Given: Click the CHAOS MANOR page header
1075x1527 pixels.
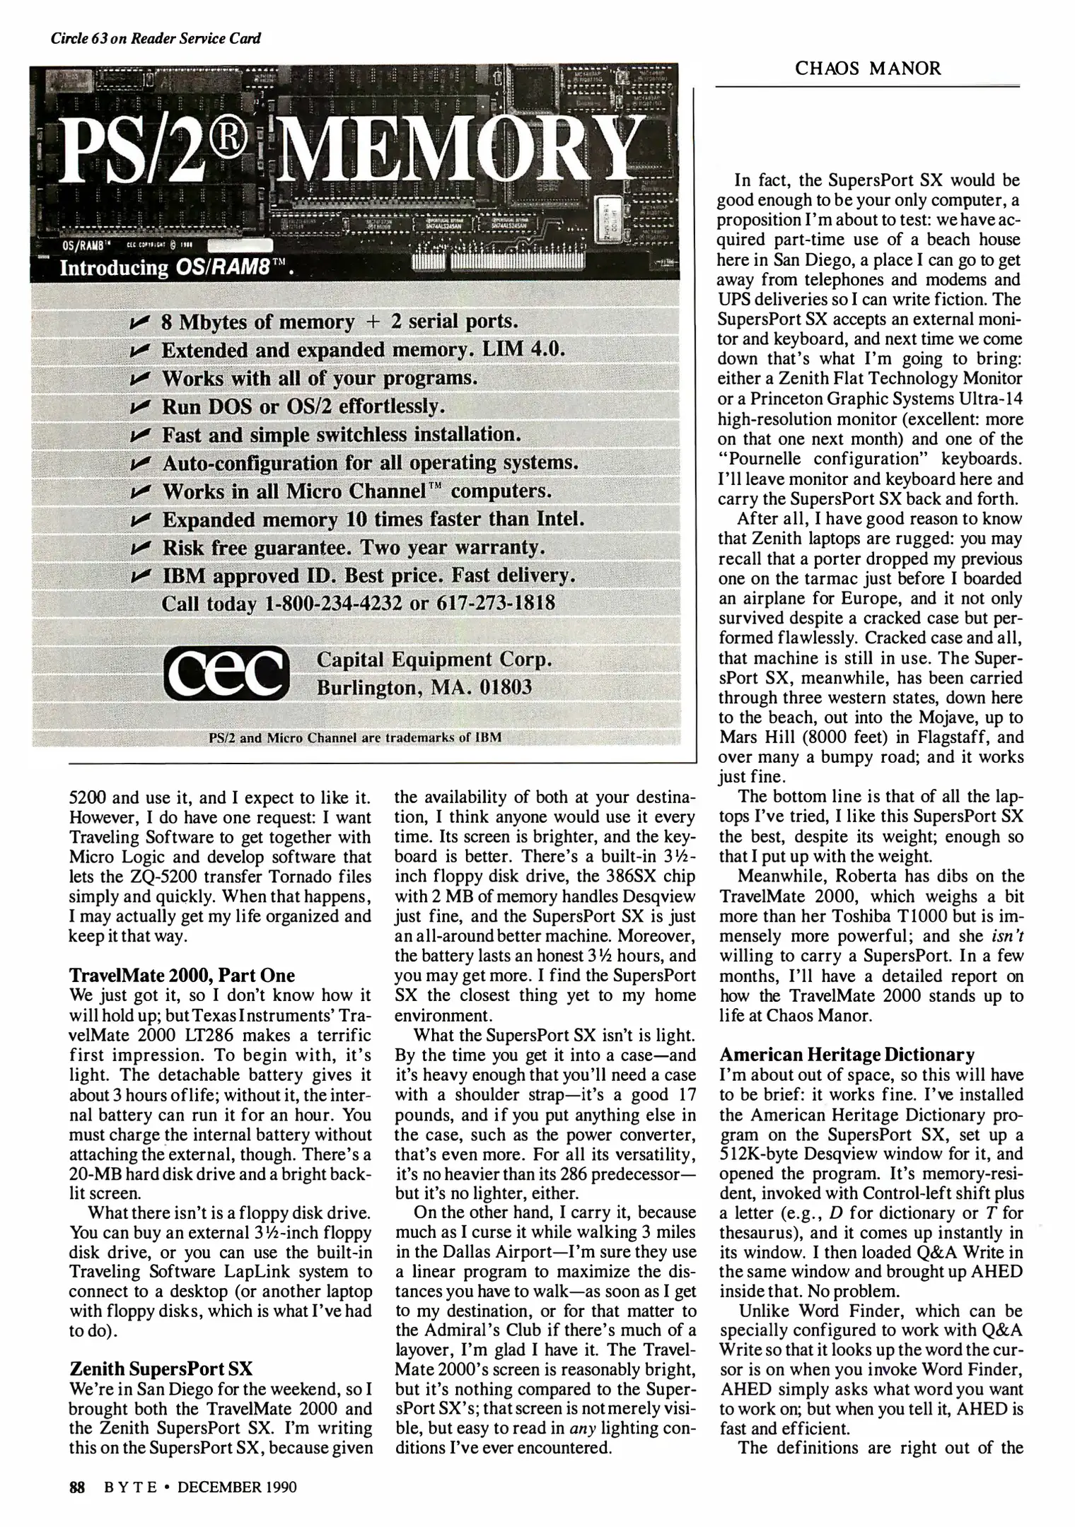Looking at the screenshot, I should coord(868,69).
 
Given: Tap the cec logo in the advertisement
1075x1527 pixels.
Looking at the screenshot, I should coord(226,672).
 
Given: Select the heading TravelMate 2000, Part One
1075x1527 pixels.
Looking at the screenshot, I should coord(182,976).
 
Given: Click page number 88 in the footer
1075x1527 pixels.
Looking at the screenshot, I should coord(77,1487).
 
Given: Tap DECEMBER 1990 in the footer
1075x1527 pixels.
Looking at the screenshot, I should coord(237,1487).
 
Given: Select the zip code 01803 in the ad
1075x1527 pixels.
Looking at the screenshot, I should coord(506,687).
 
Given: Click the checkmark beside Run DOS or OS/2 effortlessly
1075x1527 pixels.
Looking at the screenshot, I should coord(141,407).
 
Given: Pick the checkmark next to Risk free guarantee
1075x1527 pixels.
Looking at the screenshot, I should coord(141,548).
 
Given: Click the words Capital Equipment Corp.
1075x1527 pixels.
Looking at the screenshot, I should coord(433,659).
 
